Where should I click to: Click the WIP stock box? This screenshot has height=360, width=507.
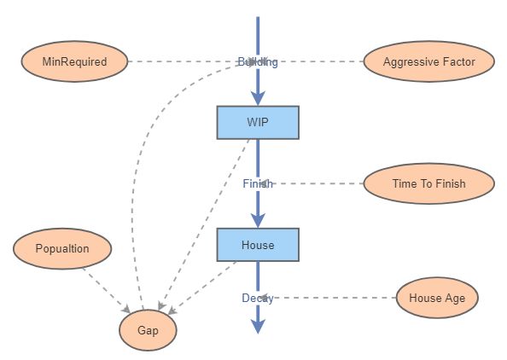[x=257, y=122]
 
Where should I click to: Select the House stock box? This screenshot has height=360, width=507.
[x=257, y=245]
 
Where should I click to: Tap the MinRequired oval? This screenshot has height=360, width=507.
[x=74, y=61]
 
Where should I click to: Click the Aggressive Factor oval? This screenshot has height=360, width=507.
[x=428, y=61]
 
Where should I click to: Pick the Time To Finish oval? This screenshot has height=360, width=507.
[x=428, y=183]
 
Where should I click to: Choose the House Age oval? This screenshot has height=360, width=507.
[x=437, y=298]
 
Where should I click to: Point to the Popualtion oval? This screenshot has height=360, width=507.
[x=63, y=249]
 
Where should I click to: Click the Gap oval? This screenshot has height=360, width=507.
[x=148, y=328]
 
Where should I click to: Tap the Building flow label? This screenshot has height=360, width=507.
[x=257, y=61]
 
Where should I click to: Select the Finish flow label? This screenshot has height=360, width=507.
[x=257, y=183]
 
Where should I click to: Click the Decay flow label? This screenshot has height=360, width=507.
[x=257, y=298]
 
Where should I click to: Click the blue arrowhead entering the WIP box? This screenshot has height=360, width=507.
[x=257, y=97]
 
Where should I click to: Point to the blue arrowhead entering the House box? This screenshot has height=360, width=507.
[x=257, y=220]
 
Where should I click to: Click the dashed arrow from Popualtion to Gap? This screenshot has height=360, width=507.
[x=106, y=288]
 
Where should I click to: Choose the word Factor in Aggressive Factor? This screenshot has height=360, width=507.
[x=457, y=61]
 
